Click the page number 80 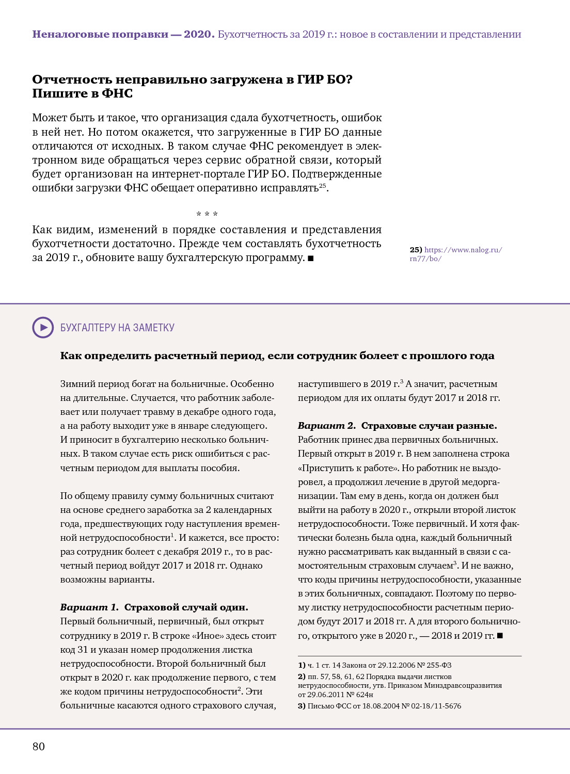(x=39, y=746)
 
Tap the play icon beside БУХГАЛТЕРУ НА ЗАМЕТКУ (x=43, y=328)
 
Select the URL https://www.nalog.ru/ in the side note (x=463, y=250)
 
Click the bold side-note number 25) (x=416, y=250)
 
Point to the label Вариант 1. (x=89, y=607)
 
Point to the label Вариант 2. (x=326, y=426)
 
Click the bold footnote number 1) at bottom (x=302, y=665)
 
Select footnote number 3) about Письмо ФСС (x=302, y=706)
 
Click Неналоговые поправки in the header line (x=100, y=34)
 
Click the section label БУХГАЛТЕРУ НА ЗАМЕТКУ (x=117, y=328)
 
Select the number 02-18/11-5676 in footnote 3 (x=436, y=706)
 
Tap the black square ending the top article (x=311, y=258)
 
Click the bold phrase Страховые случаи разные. (x=429, y=426)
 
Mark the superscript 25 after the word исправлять (x=322, y=185)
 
